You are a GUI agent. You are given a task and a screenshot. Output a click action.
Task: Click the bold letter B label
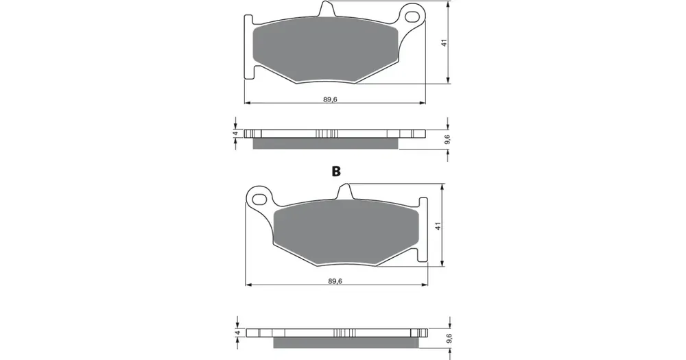tap(336, 171)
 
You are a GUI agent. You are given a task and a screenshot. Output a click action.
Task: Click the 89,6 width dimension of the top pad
tap(331, 99)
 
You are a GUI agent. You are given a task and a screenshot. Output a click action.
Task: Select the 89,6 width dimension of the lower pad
tap(335, 281)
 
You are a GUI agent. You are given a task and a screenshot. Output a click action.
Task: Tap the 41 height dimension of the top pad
tap(444, 43)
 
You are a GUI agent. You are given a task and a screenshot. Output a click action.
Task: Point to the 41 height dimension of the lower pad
tap(438, 226)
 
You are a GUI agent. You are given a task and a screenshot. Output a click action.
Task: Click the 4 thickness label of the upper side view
tap(235, 133)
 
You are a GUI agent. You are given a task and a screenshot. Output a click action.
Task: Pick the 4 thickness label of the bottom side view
tap(237, 333)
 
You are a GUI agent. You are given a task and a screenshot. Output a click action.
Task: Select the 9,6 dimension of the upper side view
tap(447, 139)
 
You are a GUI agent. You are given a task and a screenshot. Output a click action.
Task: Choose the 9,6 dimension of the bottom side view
tap(449, 339)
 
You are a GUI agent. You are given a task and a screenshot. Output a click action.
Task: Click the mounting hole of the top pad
tap(412, 16)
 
